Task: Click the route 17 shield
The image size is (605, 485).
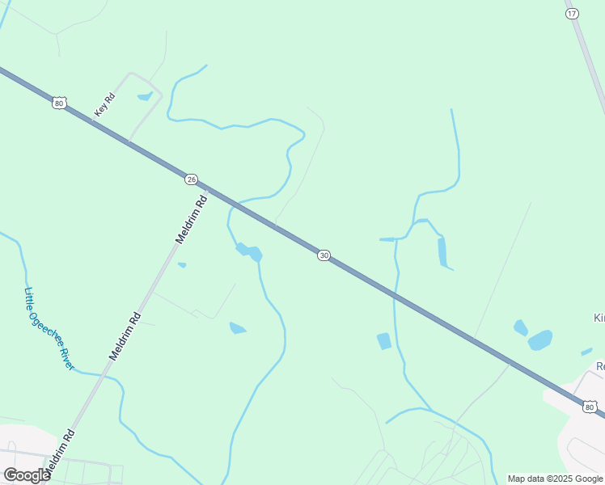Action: point(572,14)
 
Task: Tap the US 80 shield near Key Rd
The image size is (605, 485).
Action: point(58,103)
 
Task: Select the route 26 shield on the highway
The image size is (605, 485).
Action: point(191,179)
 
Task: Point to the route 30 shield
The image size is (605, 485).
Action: point(324,255)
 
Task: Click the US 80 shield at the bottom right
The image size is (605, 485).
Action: point(590,406)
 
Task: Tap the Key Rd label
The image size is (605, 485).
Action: point(105,105)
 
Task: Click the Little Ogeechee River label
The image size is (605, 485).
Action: point(49,329)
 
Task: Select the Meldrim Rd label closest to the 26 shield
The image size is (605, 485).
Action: point(192,219)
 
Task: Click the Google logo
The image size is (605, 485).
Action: point(27,475)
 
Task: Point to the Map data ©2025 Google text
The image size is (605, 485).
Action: point(556,479)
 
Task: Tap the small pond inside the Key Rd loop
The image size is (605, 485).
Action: point(146,97)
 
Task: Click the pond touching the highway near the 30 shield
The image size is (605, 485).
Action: point(250,253)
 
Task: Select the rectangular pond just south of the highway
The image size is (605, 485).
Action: point(383,341)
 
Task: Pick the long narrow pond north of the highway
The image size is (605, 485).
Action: point(442,252)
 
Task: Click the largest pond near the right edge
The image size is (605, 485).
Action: point(540,340)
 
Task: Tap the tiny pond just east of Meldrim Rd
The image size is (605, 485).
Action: point(182,265)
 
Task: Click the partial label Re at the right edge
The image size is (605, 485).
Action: point(599,366)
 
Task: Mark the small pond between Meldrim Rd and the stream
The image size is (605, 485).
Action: point(237,328)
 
